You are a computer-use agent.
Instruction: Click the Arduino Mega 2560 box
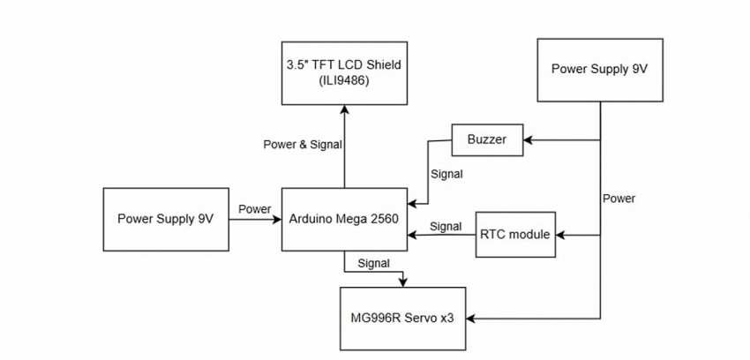tap(343, 220)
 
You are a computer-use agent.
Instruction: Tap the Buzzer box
tap(487, 139)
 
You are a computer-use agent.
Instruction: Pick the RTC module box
tap(516, 235)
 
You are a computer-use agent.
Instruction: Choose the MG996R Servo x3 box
tap(403, 318)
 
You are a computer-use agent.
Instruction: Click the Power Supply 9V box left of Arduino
tap(166, 219)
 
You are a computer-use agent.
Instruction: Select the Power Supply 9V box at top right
tap(600, 70)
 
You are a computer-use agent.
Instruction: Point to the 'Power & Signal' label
tap(303, 145)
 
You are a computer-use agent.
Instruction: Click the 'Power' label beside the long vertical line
tap(619, 199)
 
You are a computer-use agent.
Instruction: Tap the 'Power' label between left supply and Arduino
tap(254, 209)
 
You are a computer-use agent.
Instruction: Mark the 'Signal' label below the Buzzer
tap(446, 174)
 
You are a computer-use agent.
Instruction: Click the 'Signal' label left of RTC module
tap(446, 227)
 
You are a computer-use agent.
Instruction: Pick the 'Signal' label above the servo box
tap(374, 263)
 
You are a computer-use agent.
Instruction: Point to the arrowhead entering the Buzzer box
tap(528, 139)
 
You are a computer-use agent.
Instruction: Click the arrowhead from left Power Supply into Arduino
tap(276, 220)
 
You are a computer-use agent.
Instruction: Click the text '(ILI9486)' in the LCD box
tap(344, 80)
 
